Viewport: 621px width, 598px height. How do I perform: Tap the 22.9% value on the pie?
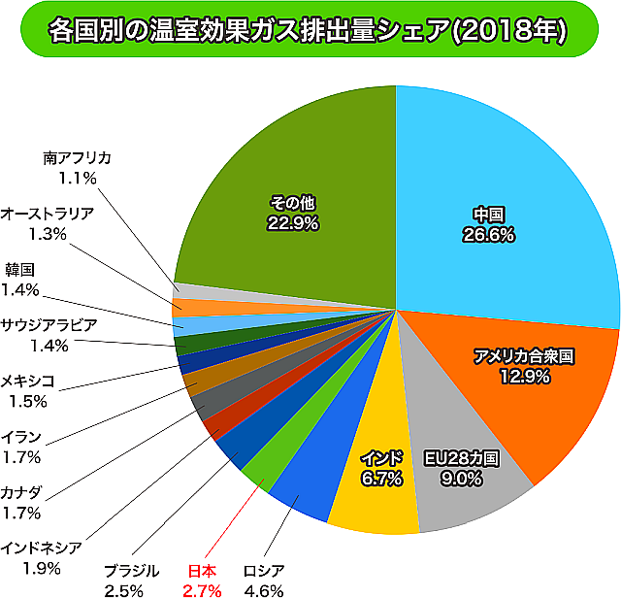[x=293, y=222]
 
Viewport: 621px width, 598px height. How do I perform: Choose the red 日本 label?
[x=202, y=570]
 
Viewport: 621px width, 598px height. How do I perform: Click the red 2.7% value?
[x=202, y=589]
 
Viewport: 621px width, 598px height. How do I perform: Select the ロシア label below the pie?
[x=263, y=570]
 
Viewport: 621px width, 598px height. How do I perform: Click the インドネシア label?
[x=41, y=547]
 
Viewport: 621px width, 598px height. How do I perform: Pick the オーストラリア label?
[x=48, y=214]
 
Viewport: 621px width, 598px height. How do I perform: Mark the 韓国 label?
[x=20, y=269]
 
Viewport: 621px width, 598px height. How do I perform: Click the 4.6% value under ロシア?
[x=263, y=589]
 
